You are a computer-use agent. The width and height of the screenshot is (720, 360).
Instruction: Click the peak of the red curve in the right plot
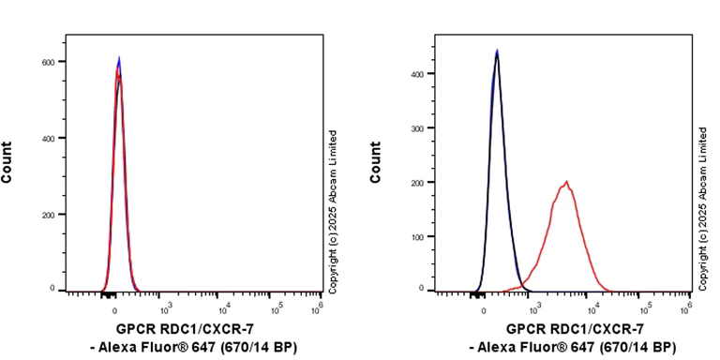tap(566, 182)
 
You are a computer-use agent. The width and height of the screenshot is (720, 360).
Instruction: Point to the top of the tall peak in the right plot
tap(497, 52)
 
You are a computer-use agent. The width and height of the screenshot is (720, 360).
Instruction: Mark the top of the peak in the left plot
tap(118, 58)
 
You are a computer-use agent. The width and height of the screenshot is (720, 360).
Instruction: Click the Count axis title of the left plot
tap(7, 161)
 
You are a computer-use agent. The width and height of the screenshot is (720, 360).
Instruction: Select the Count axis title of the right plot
tap(376, 161)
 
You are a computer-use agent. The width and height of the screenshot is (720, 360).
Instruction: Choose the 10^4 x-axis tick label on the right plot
tap(589, 306)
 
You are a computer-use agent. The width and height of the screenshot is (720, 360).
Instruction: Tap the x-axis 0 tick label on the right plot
tap(484, 306)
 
